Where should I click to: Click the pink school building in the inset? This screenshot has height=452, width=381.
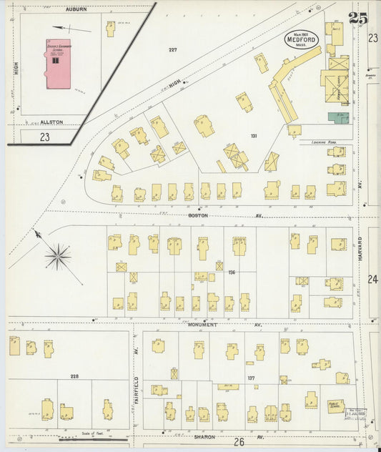pos(58,64)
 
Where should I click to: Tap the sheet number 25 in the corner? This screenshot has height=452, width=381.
pos(358,19)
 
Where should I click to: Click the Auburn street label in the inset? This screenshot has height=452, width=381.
pos(76,9)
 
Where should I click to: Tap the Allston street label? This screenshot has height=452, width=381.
pos(51,122)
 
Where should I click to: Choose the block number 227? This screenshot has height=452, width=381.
pos(172,49)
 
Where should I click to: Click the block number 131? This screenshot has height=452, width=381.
pos(253,135)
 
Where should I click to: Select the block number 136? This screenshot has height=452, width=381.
pos(231,272)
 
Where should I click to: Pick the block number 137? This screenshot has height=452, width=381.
pos(251,378)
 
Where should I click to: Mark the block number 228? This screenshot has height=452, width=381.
pos(74,375)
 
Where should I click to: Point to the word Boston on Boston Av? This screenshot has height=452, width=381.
pos(198,215)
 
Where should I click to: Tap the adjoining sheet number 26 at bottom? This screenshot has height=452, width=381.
pos(239,443)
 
